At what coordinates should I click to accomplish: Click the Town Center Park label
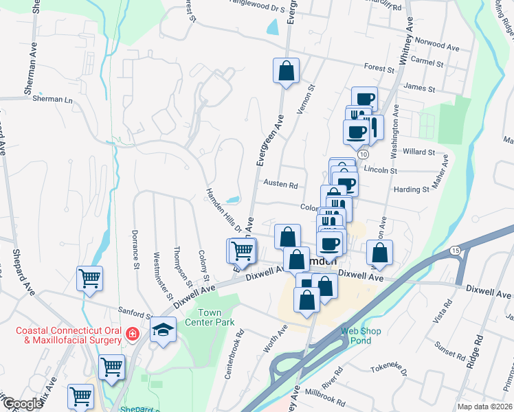211,317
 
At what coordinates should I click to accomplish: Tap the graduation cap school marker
163,330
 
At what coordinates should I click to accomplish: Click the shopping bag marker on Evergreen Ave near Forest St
286,70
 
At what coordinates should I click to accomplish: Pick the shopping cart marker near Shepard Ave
89,278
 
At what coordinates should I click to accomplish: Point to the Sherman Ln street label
52,99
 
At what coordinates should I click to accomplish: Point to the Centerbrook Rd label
240,348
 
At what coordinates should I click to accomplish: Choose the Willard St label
420,152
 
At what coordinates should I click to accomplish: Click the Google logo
23,404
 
